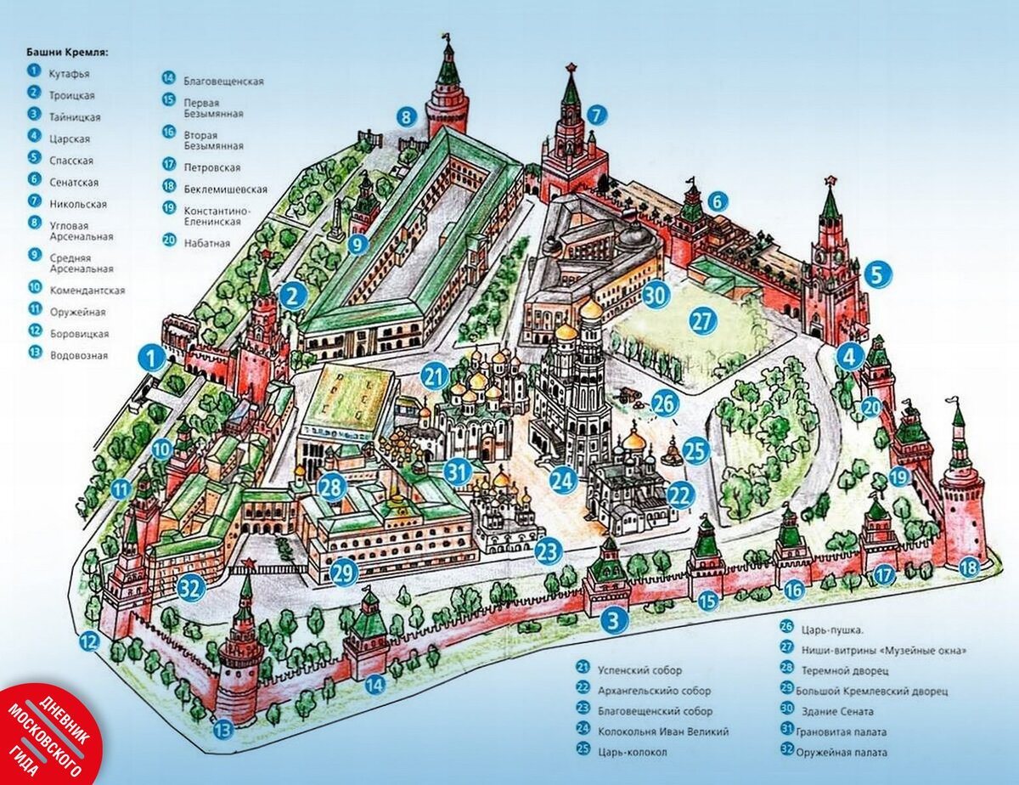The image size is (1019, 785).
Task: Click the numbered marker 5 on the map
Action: [879, 275]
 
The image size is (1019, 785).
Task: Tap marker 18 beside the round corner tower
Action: [968, 568]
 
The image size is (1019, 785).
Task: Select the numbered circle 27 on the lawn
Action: [703, 321]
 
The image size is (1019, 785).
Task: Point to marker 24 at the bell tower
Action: [563, 481]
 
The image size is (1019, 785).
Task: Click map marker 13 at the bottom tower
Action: [222, 728]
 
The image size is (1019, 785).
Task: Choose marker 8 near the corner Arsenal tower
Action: [407, 116]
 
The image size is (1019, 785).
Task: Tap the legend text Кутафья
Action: [70, 74]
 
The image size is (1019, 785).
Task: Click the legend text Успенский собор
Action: [639, 670]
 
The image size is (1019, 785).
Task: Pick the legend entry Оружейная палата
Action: [842, 752]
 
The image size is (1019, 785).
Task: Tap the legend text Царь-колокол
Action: [632, 752]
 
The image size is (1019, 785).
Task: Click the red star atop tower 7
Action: [571, 67]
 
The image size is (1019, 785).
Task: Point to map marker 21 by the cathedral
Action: [435, 375]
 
